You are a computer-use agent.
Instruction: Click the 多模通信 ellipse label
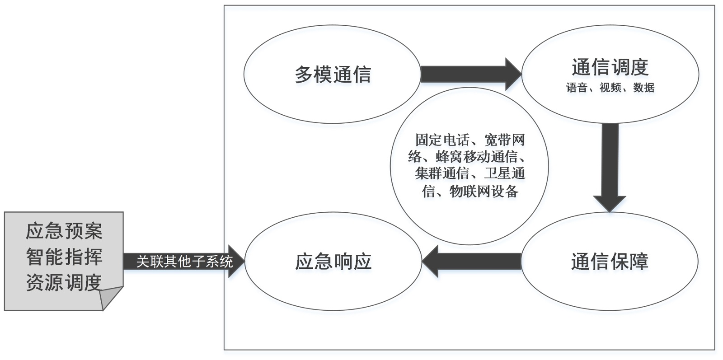coord(333,75)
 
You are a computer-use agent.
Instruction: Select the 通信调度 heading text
coord(610,67)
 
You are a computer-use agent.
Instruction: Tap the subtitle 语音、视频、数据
coord(610,88)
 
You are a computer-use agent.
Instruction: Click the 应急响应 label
coord(333,262)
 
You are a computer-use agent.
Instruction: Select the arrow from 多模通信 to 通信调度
coord(470,74)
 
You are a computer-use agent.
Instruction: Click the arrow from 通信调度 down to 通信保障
coord(610,165)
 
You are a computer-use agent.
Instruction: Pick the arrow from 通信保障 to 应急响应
coord(472,261)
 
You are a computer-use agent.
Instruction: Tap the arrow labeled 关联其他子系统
coord(184,261)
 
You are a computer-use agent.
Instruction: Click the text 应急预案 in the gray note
coord(64,231)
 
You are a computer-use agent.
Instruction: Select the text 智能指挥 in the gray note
coord(64,257)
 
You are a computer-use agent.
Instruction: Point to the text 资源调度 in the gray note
coord(64,282)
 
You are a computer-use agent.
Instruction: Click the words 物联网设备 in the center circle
coord(484,192)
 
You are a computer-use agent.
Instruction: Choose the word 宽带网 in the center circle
coord(504,140)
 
